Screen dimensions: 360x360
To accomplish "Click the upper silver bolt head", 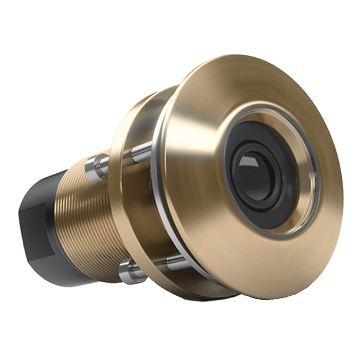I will pyautogui.click(x=94, y=166).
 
